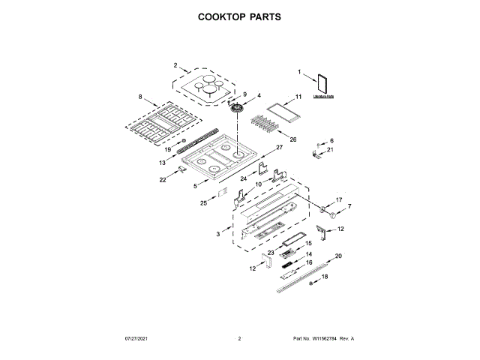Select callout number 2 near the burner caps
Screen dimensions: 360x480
175,66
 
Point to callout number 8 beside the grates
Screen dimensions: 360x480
139,97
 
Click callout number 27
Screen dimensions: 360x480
279,148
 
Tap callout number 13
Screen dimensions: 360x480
162,162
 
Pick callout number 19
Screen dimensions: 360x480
168,149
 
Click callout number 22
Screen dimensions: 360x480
162,180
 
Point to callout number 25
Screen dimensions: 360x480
204,202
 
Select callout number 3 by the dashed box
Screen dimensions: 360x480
218,235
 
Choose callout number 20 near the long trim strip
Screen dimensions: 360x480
337,256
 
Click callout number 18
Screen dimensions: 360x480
325,277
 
